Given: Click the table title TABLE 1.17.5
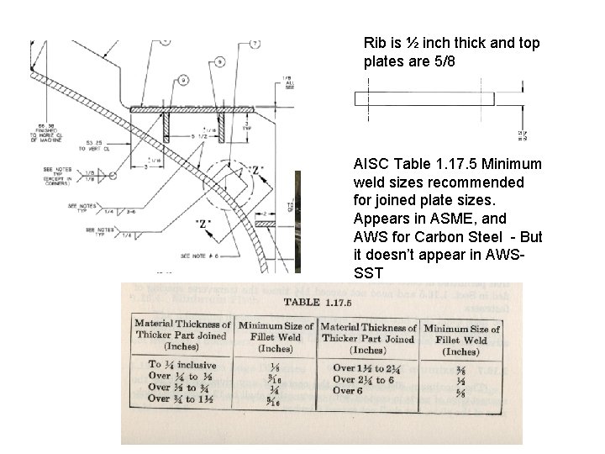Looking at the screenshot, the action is [322, 301].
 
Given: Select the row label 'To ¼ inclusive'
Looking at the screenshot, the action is [181, 365].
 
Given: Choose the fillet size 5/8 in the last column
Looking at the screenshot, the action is [460, 392].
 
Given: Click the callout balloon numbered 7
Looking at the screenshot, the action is [255, 43].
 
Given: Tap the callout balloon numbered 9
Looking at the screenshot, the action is [182, 79].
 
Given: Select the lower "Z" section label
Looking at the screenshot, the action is [203, 224].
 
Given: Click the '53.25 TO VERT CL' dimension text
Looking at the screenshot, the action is [98, 145].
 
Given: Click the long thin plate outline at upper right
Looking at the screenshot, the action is [424, 98].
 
